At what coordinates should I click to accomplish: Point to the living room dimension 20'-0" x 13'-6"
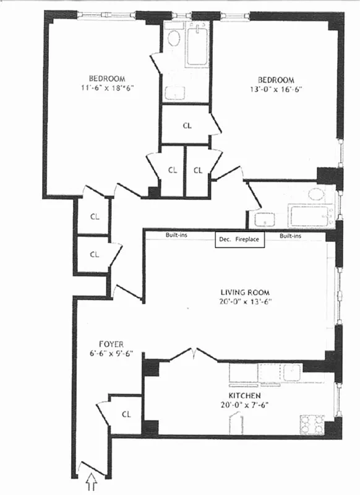click(x=246, y=302)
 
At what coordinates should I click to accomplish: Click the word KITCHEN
click(x=243, y=396)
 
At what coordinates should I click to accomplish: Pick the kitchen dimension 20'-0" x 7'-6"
click(x=243, y=405)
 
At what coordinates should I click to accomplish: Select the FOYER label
click(x=111, y=344)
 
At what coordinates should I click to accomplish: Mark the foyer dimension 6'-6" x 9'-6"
click(x=111, y=354)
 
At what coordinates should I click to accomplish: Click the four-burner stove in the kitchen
click(x=312, y=424)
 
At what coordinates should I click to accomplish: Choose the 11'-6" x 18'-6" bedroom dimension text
click(x=107, y=88)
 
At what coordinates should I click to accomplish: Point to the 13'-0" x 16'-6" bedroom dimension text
click(x=276, y=89)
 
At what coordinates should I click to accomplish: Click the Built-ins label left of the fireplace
click(x=178, y=236)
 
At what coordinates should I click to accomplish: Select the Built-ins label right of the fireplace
click(x=291, y=236)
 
